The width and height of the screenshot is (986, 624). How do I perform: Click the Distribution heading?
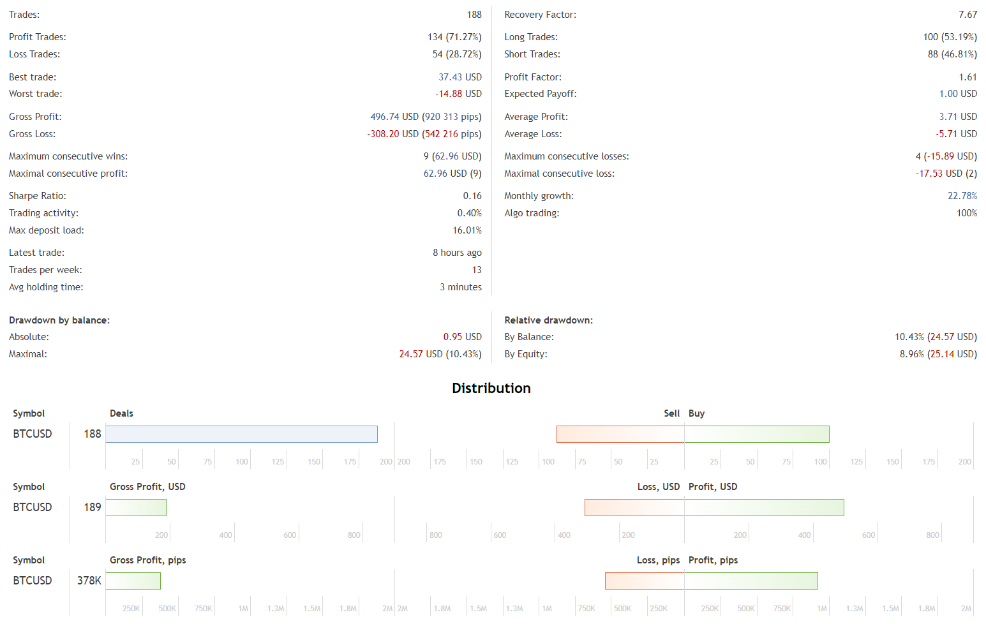coord(491,388)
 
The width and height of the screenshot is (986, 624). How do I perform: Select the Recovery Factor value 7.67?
coord(967,15)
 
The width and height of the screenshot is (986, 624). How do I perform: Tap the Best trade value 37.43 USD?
coord(459,77)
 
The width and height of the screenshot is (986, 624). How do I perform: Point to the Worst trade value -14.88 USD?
coord(458,94)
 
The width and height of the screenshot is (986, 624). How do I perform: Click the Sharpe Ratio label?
coord(38,196)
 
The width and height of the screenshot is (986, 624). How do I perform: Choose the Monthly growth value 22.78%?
coord(962,196)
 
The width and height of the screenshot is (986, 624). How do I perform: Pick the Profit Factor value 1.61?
coord(967,77)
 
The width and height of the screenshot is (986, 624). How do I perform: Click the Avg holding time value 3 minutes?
coord(460,287)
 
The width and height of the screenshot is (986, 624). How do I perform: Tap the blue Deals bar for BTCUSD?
coord(241,435)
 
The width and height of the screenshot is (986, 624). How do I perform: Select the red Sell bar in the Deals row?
coord(620,435)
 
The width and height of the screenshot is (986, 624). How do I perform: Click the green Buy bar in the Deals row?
coord(757,435)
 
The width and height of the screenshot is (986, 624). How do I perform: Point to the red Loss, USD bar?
coord(634,508)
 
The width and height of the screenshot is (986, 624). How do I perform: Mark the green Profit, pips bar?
coord(751,581)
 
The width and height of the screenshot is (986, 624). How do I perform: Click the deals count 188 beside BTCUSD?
coord(93,434)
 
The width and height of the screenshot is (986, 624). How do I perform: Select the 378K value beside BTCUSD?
coord(89,581)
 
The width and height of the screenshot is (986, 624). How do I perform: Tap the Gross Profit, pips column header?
coord(148,560)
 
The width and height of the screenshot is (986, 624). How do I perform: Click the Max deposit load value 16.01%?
coord(467,230)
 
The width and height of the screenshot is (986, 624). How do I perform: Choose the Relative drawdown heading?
coord(548,320)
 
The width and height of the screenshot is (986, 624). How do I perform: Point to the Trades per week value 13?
coord(477,270)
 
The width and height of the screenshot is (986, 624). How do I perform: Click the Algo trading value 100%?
coord(966,213)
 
